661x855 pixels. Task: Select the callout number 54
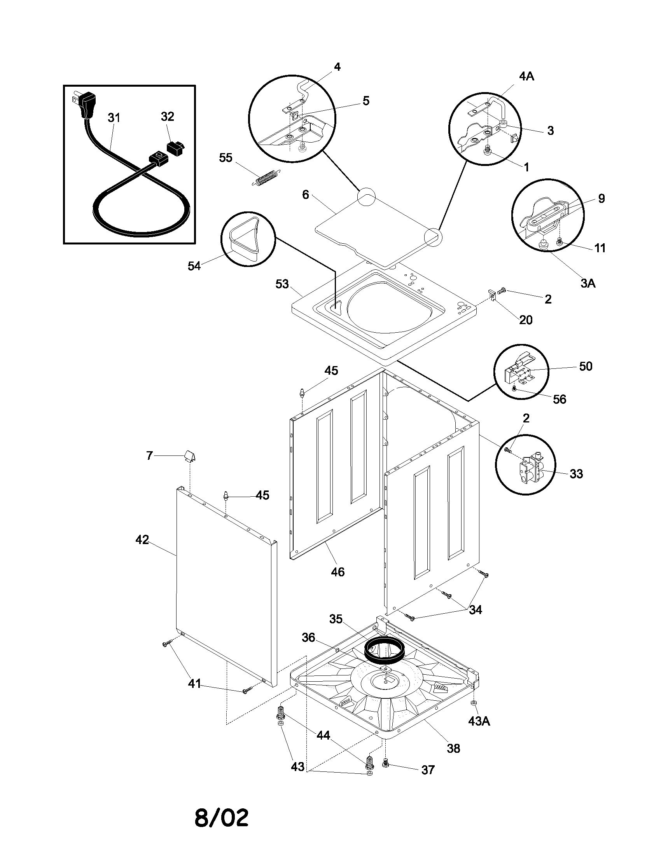tap(194, 266)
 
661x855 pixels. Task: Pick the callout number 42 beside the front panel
tap(142, 540)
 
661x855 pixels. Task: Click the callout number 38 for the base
tap(453, 749)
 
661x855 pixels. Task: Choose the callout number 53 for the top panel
tap(282, 284)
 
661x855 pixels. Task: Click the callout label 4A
tap(527, 76)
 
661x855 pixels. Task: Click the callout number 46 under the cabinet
tap(337, 572)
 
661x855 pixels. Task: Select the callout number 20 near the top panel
tap(526, 320)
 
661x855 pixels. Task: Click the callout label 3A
tap(588, 283)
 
